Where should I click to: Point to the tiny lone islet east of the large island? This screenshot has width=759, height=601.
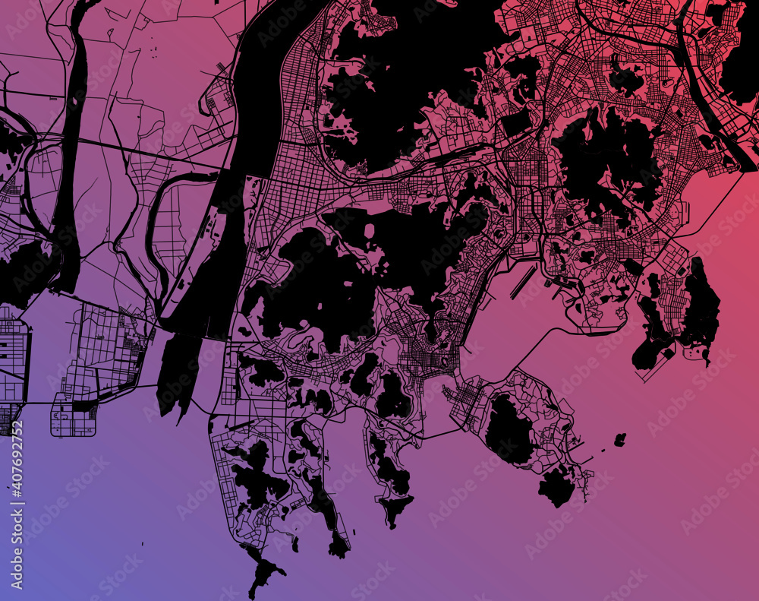pos(620,439)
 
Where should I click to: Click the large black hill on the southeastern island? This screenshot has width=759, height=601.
pos(509,429)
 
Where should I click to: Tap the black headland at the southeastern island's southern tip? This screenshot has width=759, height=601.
pos(558,486)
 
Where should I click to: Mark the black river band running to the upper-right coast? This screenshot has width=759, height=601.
pos(710,99)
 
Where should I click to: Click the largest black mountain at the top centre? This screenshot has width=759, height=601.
pos(395,84)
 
